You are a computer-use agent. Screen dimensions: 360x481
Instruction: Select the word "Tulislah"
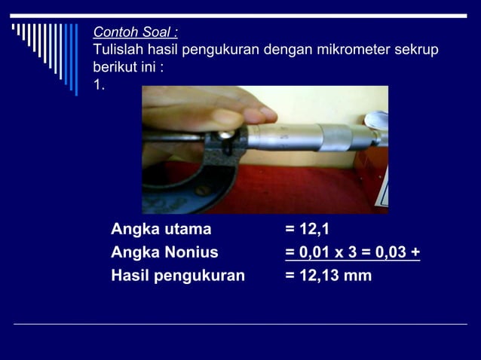115,50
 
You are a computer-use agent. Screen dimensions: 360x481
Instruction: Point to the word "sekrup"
417,50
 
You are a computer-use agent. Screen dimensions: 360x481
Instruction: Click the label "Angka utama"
161,229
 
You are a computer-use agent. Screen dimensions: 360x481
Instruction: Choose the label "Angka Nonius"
164,252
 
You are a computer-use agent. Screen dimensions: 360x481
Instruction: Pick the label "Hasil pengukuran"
178,276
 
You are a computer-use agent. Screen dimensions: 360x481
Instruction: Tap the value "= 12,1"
307,229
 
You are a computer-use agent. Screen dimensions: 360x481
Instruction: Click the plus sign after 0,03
415,252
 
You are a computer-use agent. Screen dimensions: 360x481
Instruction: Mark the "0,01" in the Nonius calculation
312,252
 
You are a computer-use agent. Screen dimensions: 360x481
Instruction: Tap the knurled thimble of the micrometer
334,136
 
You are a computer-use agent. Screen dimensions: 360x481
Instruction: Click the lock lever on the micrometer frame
226,136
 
